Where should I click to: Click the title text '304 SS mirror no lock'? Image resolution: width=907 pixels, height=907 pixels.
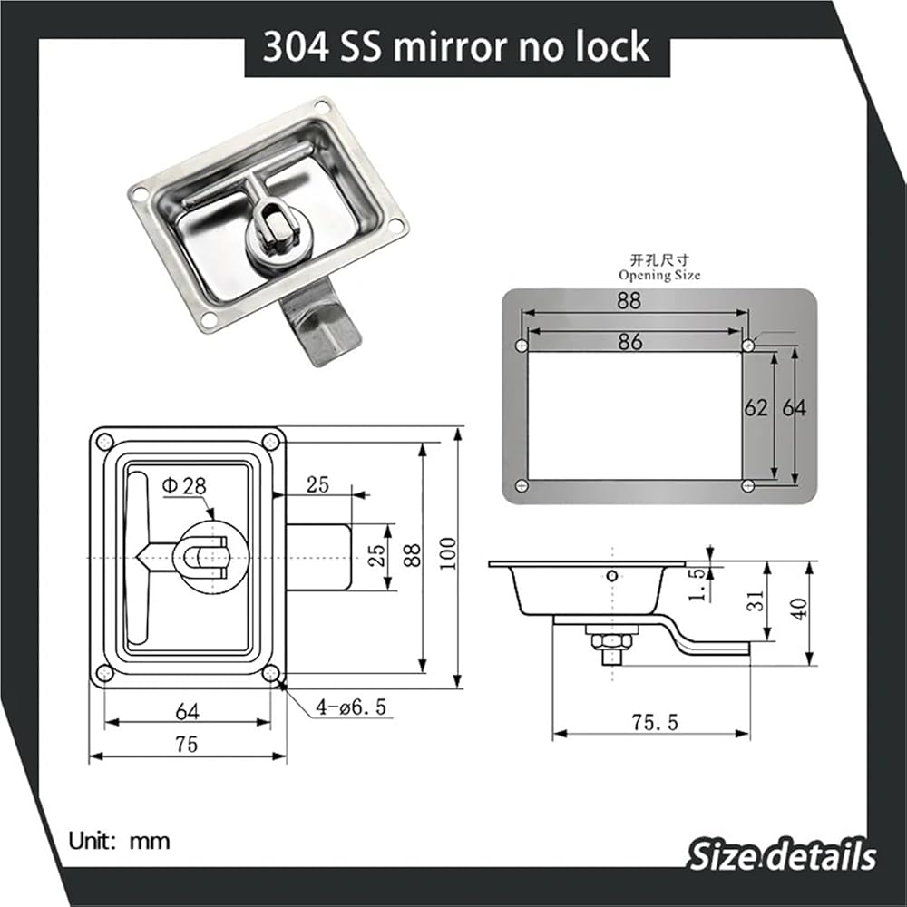click(456, 47)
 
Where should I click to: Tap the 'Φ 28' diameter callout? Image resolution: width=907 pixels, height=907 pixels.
click(184, 486)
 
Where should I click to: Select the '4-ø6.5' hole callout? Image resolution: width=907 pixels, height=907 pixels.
click(350, 707)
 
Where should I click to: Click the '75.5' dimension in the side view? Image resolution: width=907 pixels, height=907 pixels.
click(654, 723)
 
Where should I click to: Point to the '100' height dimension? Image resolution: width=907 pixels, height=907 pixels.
click(448, 553)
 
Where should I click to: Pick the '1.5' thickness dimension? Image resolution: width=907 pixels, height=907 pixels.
click(697, 583)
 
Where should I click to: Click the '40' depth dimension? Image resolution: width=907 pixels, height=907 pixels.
click(799, 609)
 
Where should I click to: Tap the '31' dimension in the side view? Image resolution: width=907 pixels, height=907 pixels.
click(756, 601)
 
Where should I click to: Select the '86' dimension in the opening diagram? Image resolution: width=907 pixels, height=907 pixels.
click(630, 342)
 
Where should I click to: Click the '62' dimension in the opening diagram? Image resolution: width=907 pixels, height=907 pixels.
click(756, 408)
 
